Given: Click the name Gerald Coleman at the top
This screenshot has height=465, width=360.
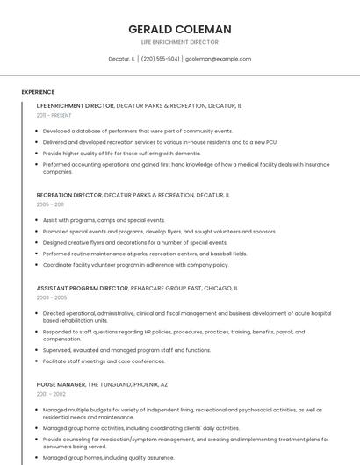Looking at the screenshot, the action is tap(180, 29).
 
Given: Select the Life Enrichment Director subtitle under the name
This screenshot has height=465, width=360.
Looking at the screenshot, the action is tap(180, 42).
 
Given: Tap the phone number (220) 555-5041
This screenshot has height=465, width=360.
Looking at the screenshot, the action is tap(160, 59).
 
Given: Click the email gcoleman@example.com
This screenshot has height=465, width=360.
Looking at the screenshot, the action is tap(219, 59).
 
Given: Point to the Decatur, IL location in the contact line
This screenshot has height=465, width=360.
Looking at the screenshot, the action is tap(121, 59).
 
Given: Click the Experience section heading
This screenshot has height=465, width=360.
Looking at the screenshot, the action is tap(38, 92).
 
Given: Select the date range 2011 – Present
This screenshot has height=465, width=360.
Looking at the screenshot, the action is tap(54, 115).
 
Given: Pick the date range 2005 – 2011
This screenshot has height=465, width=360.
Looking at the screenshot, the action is tap(50, 204).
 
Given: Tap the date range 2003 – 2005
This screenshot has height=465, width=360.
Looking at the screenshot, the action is tap(51, 297).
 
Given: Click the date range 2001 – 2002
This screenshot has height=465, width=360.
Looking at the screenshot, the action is tap(51, 394).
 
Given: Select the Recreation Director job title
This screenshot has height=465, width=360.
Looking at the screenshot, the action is tap(69, 195).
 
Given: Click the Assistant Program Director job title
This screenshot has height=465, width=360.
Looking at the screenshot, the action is tap(82, 288).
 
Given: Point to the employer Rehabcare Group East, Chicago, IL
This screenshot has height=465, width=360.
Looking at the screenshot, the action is tap(184, 288).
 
